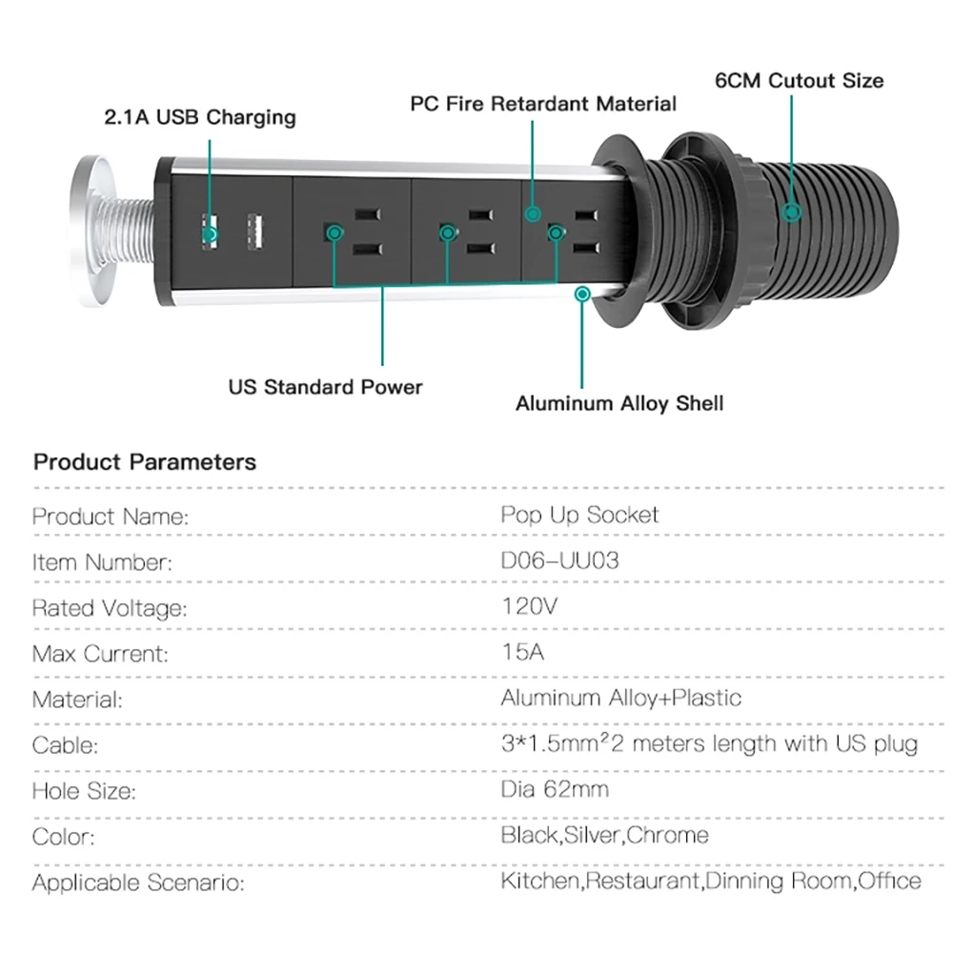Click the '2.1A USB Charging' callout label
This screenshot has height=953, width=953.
tap(200, 117)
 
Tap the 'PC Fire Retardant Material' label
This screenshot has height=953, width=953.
tap(543, 103)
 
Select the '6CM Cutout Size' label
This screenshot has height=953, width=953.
tap(800, 81)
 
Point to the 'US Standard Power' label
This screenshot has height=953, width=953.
tap(325, 387)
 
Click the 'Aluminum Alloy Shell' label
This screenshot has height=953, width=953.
tap(619, 403)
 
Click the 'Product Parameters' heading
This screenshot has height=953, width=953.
tap(145, 462)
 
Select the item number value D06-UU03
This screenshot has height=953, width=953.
tap(559, 560)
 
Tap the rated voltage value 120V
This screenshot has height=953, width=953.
tap(529, 606)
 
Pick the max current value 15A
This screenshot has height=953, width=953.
tap(522, 652)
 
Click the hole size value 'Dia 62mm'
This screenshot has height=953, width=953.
tap(555, 789)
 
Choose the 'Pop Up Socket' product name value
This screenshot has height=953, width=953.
tap(579, 516)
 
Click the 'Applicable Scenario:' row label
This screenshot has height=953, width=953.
tap(138, 882)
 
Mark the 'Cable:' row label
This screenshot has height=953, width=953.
tap(65, 745)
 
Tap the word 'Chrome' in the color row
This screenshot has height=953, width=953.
tap(667, 835)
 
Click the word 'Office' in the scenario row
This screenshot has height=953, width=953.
tap(889, 881)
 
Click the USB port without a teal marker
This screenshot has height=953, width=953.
tap(255, 232)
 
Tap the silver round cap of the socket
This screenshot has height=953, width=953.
tap(92, 231)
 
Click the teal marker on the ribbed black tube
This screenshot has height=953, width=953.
tap(791, 213)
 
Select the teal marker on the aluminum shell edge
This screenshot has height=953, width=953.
tap(582, 294)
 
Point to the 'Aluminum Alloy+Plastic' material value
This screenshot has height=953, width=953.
tap(621, 698)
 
